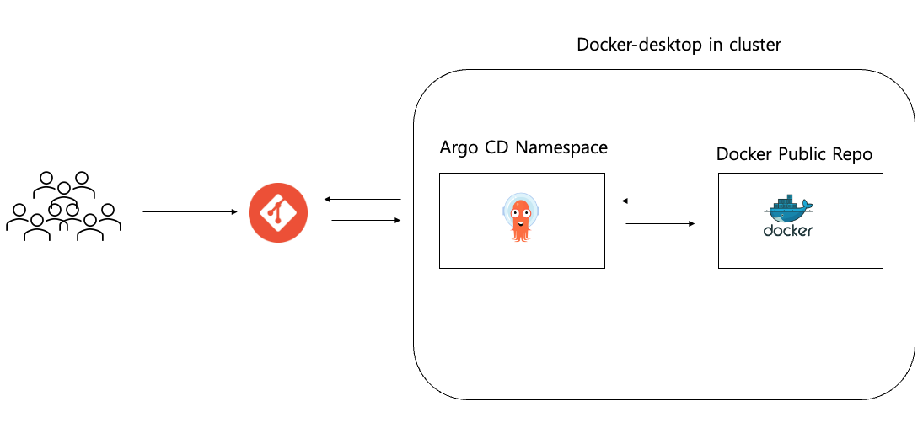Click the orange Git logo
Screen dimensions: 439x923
click(278, 212)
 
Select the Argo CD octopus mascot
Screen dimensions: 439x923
click(522, 217)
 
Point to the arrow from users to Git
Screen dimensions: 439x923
click(190, 212)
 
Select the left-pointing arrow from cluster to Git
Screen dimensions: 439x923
click(362, 200)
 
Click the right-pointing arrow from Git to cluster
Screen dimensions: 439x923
click(366, 221)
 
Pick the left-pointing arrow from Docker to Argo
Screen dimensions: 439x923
click(660, 201)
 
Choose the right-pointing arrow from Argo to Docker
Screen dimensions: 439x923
click(660, 224)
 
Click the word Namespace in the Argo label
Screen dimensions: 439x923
click(561, 148)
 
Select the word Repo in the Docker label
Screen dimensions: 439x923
click(852, 155)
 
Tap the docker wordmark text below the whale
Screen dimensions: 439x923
click(788, 231)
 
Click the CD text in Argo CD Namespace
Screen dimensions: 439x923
click(498, 148)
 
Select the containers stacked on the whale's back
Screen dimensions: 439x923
click(783, 202)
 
